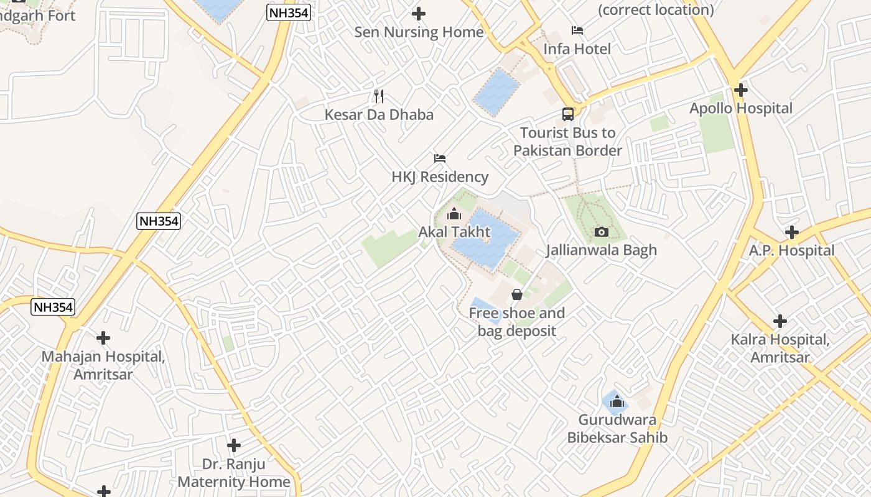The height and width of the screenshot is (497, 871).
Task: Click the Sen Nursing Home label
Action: (x=419, y=32)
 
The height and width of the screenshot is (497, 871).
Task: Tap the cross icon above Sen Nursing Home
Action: (x=419, y=13)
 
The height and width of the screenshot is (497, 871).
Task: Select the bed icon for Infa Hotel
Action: (x=577, y=30)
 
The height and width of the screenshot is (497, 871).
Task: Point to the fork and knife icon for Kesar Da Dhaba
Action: (x=378, y=96)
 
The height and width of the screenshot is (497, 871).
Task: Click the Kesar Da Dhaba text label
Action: (x=379, y=115)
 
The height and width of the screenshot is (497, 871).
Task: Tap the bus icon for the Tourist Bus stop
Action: (x=567, y=114)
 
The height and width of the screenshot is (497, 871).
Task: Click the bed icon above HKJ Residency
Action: (x=440, y=158)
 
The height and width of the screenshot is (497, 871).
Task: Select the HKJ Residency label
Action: (x=440, y=177)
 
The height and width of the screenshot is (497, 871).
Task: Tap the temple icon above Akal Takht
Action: (x=454, y=214)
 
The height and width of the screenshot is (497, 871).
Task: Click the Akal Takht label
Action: (x=454, y=232)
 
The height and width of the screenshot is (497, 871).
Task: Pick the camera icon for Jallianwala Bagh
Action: (x=601, y=232)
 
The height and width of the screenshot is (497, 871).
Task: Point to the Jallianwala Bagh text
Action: (x=601, y=250)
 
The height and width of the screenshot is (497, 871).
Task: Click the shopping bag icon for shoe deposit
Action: (x=516, y=294)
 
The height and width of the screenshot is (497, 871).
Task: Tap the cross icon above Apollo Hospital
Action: (x=740, y=90)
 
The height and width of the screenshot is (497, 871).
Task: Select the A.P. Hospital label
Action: (x=791, y=251)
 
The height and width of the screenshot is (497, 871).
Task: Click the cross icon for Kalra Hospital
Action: (x=780, y=321)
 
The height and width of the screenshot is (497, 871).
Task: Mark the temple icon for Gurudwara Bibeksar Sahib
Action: (x=617, y=402)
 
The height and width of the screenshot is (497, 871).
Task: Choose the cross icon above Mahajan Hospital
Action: (x=103, y=338)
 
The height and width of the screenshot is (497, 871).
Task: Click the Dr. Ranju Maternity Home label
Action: (x=234, y=473)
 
